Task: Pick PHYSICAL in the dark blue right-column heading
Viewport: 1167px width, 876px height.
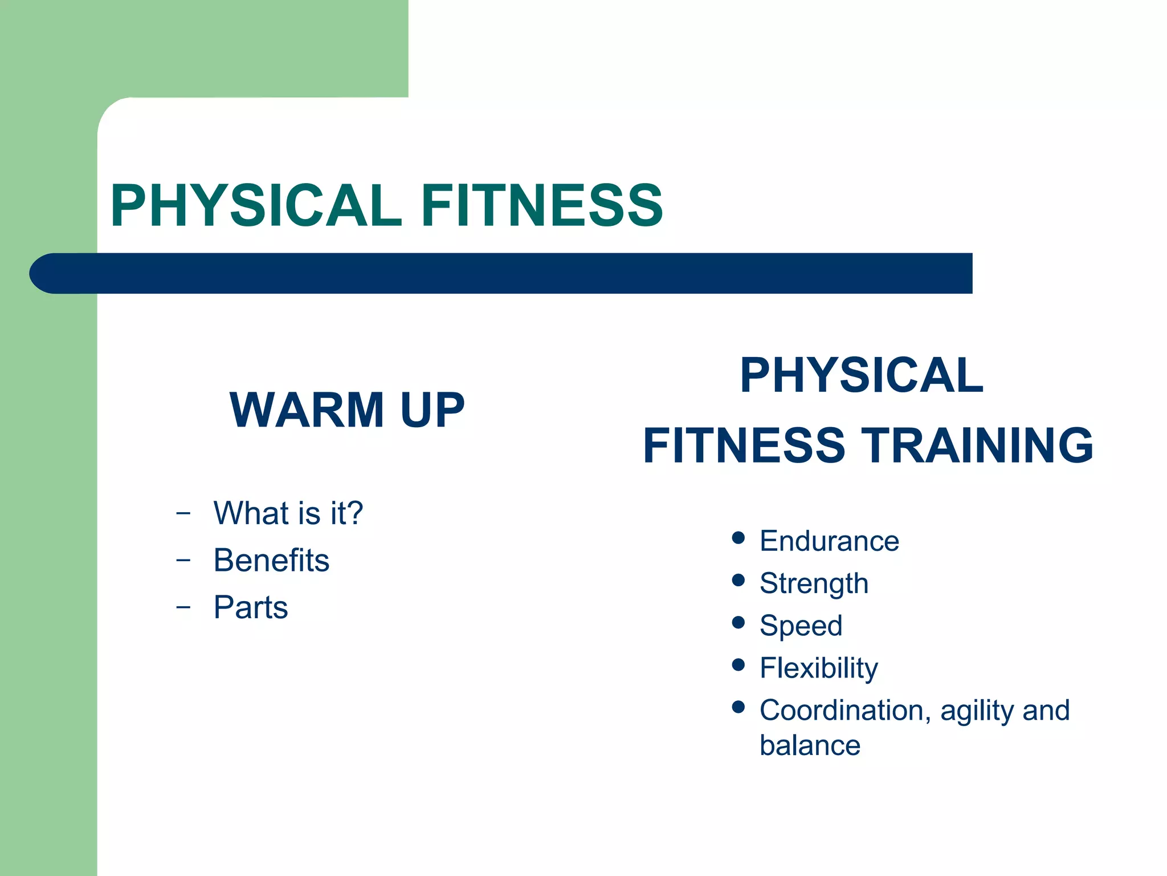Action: click(x=862, y=375)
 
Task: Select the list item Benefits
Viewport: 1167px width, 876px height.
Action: click(x=271, y=560)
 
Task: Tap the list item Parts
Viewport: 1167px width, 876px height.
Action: click(x=251, y=607)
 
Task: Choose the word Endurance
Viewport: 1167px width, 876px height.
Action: click(x=829, y=541)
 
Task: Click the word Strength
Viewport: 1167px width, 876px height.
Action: click(x=814, y=583)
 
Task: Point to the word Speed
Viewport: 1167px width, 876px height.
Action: click(x=801, y=626)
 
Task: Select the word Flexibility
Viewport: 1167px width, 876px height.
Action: click(x=818, y=668)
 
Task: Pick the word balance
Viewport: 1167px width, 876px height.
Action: click(x=810, y=745)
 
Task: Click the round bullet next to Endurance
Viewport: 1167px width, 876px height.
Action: click(x=738, y=538)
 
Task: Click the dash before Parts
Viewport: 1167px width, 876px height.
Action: click(x=183, y=607)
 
